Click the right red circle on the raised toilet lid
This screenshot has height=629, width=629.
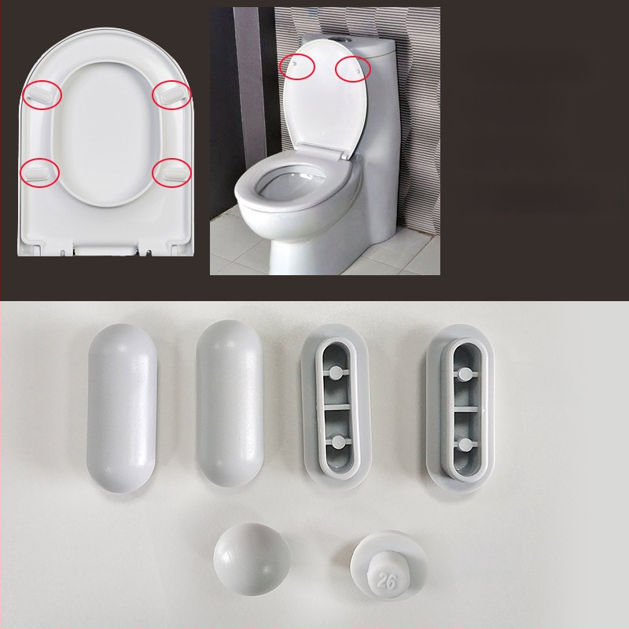tap(352, 68)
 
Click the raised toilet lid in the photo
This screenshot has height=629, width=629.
tap(322, 102)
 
